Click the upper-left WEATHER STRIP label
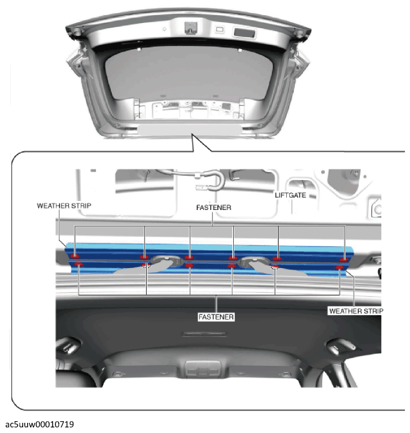tap(64, 205)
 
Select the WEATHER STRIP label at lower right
tap(356, 311)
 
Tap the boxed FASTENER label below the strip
tap(216, 317)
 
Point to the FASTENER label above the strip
tap(213, 207)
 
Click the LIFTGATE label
tap(290, 195)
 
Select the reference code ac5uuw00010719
tap(40, 425)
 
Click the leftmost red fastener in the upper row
tap(75, 256)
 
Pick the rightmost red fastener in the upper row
tap(344, 260)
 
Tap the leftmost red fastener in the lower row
tap(78, 265)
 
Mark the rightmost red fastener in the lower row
tap(339, 268)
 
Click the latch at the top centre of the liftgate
tap(191, 28)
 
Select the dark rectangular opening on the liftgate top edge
tap(244, 33)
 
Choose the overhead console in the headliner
tap(203, 369)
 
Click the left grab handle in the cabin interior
tap(68, 345)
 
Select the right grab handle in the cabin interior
tap(341, 347)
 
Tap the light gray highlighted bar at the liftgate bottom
tap(190, 129)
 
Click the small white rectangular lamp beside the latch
tap(220, 29)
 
